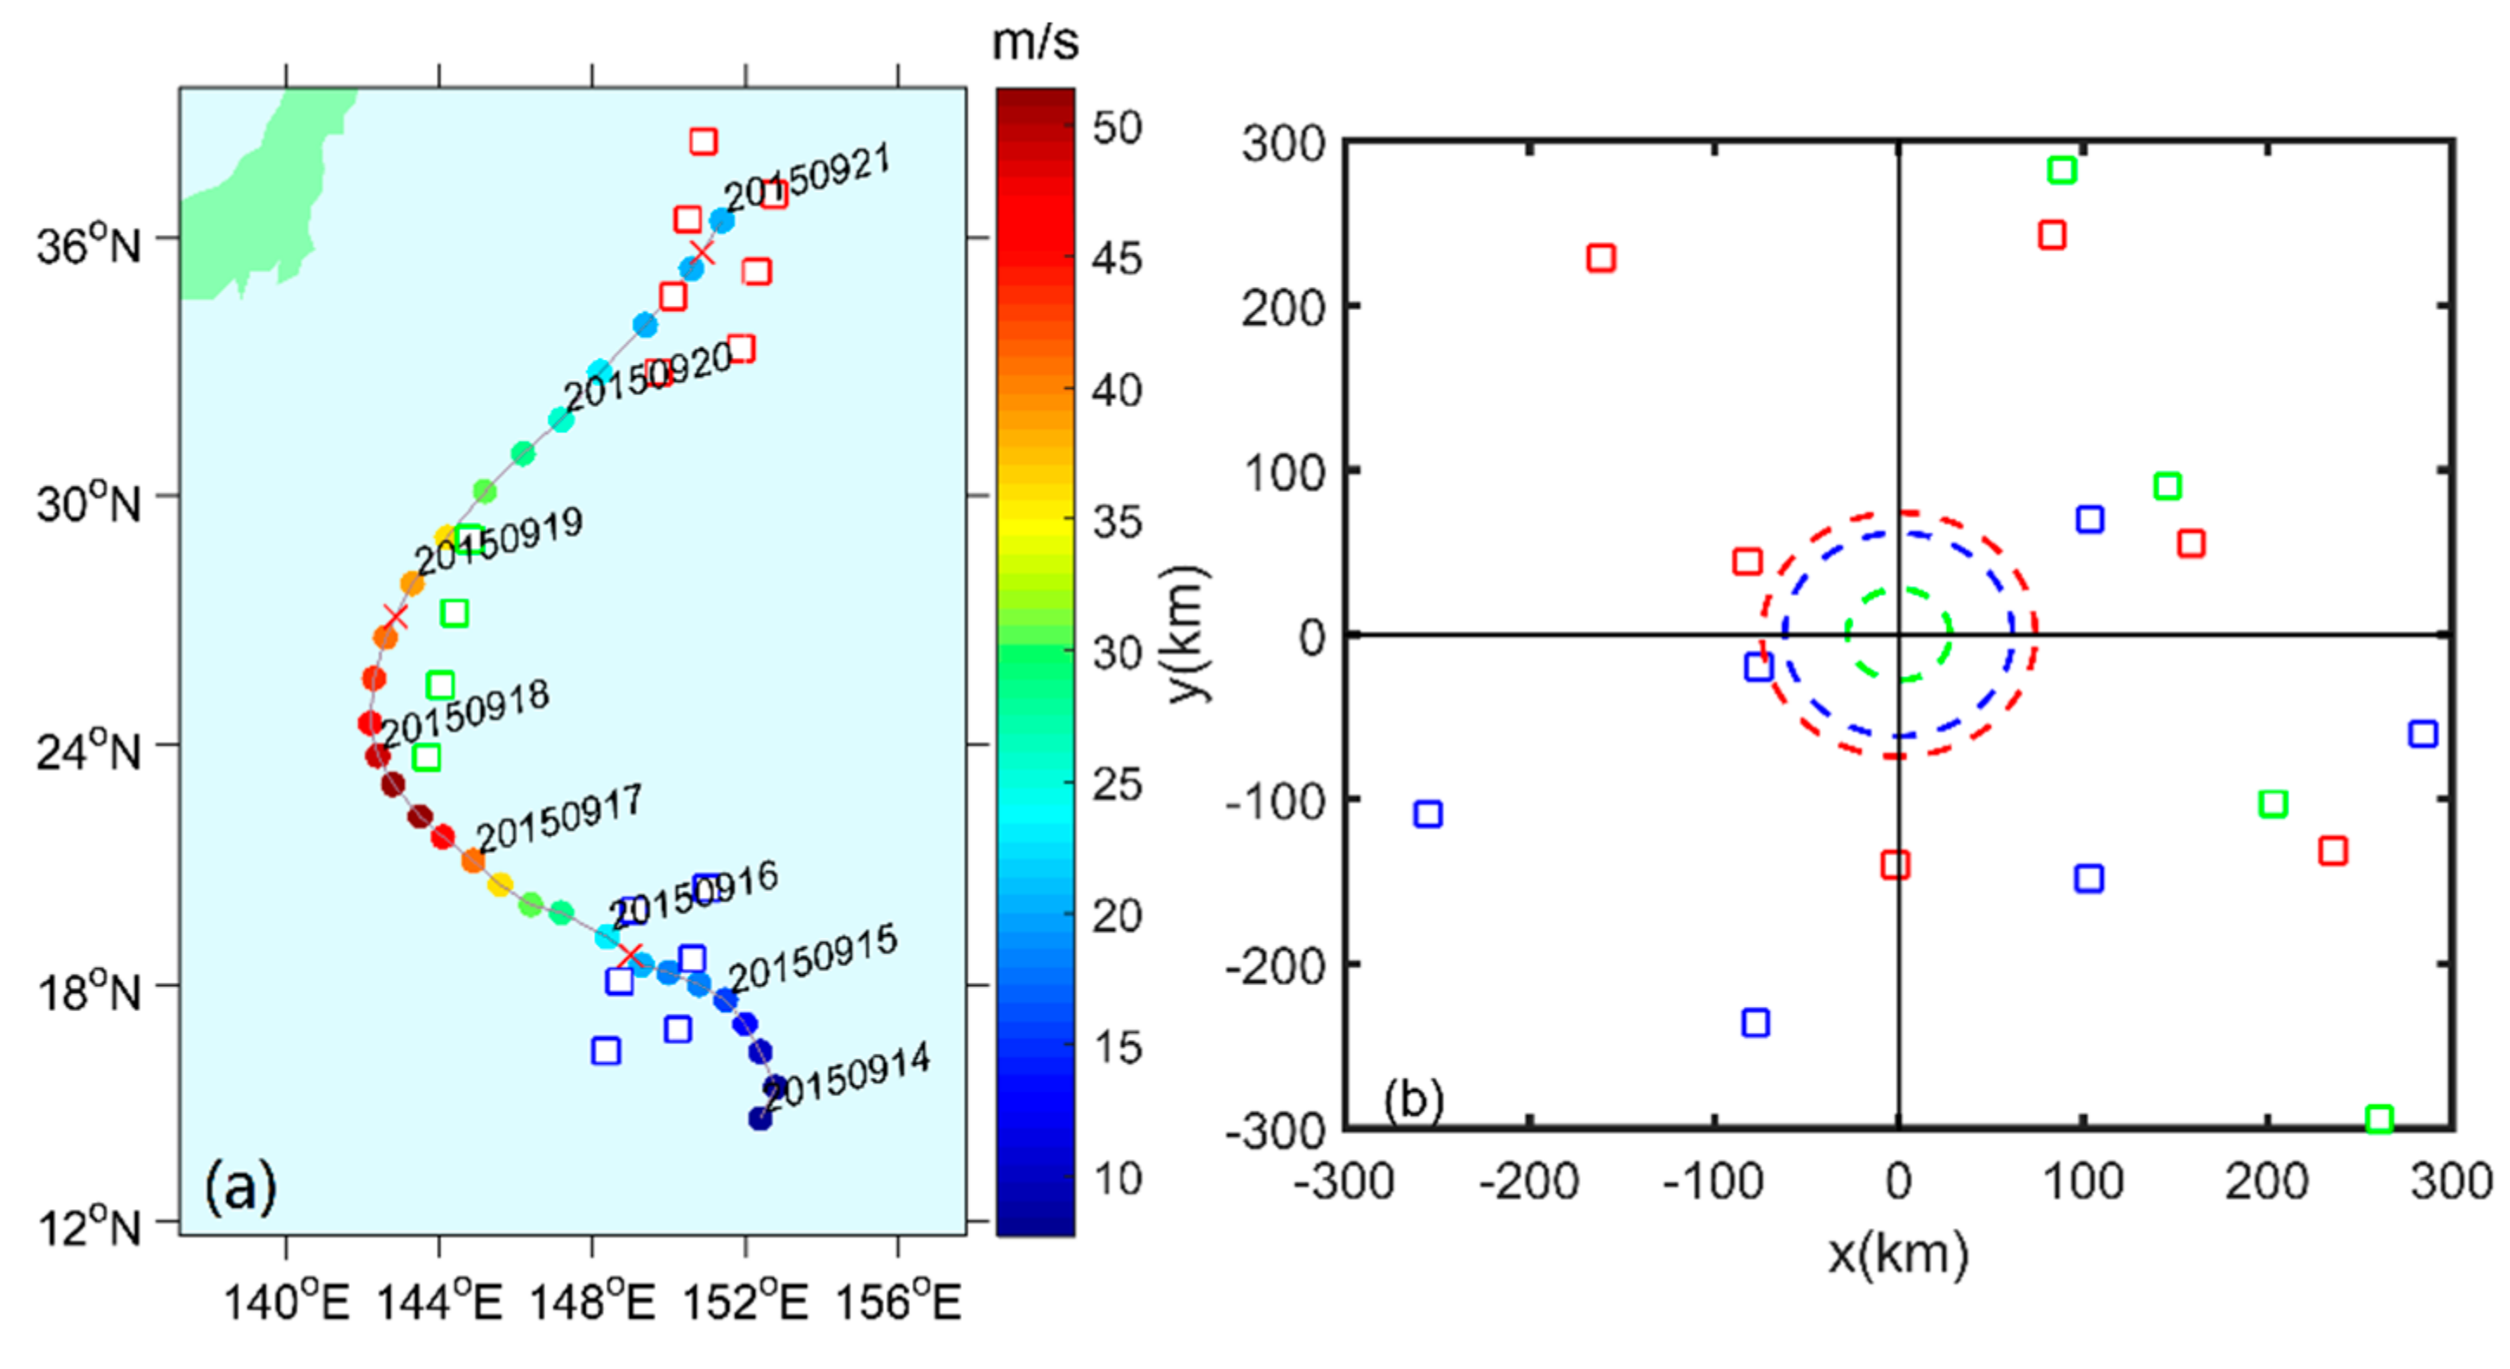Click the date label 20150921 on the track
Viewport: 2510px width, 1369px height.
806,177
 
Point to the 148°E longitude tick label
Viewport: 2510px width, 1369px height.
591,1302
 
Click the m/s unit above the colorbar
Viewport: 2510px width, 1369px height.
1035,41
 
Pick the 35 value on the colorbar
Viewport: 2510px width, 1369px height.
1117,522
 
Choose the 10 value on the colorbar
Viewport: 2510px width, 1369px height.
1117,1179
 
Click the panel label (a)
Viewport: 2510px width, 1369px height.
239,1188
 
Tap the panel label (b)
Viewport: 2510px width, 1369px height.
1413,1100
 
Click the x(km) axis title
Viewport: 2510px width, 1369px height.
1897,1254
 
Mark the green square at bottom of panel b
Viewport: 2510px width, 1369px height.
2379,1118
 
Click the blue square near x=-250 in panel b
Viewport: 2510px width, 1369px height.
1428,813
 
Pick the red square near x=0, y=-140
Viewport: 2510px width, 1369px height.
1895,864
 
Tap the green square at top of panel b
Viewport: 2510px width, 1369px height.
2061,170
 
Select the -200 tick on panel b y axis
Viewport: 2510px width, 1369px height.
1276,965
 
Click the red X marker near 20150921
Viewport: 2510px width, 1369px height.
702,252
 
